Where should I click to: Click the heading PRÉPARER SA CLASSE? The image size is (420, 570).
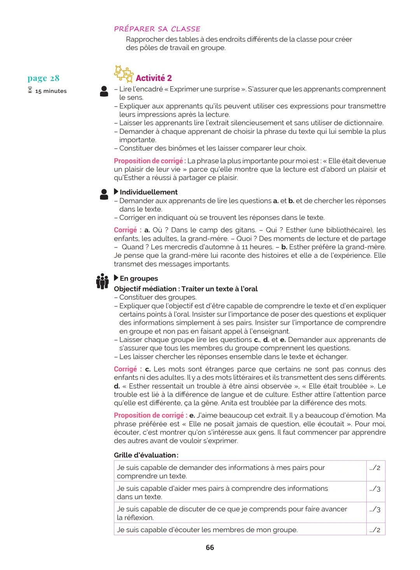(157, 29)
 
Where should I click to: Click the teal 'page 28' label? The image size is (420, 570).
(44, 78)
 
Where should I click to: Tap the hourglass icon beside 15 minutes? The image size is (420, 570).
(30, 91)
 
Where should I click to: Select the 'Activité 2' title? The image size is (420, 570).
(154, 78)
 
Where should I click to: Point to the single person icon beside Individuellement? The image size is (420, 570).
(104, 194)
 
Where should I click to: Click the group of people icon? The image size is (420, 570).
(102, 281)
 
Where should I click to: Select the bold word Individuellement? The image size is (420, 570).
(149, 192)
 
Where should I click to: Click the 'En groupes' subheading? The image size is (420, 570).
(138, 279)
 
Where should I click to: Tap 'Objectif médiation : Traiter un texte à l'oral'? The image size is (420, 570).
(185, 289)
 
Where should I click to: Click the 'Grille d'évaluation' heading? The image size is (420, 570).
(146, 455)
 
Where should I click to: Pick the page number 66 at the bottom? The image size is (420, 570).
(210, 547)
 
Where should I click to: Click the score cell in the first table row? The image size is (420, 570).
(375, 468)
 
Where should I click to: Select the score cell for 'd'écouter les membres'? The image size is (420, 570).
(375, 530)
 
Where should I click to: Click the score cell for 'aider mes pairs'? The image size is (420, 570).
(375, 489)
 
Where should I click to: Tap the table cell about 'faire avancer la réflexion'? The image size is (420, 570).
(240, 513)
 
